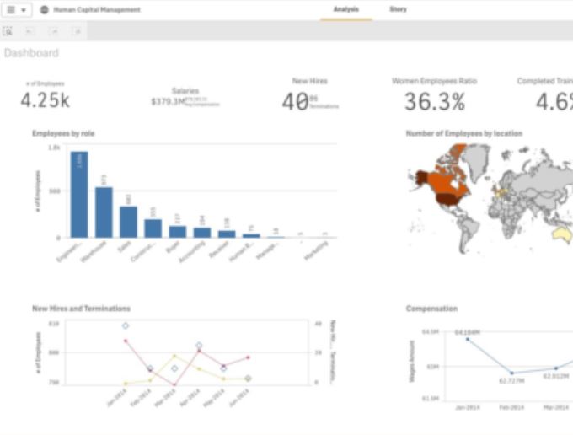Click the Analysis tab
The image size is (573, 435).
(x=346, y=9)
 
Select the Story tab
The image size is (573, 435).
(x=397, y=9)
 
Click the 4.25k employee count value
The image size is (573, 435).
(x=45, y=100)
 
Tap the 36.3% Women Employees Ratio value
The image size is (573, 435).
(x=434, y=102)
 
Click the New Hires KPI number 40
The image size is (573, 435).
(x=294, y=102)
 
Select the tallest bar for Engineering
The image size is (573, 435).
(x=79, y=195)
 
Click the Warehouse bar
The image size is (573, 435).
(x=104, y=212)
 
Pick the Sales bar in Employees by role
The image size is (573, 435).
(x=128, y=222)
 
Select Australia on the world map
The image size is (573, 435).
(x=560, y=234)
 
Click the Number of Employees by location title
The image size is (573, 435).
(x=463, y=133)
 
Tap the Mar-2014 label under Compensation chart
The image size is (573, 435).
(x=555, y=407)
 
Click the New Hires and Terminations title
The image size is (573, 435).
(x=81, y=309)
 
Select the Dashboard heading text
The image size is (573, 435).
(x=31, y=53)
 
